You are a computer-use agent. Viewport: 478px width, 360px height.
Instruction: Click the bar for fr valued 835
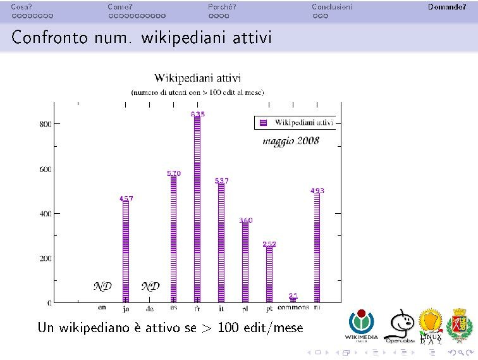coord(197,209)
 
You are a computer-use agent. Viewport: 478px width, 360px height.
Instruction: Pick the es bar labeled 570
coord(174,239)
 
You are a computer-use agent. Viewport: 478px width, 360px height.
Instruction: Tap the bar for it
coord(221,243)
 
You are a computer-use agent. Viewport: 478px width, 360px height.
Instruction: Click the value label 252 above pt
coord(269,244)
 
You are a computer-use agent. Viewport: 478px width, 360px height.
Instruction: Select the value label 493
coord(317,190)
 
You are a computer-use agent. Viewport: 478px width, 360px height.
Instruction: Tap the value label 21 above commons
coord(293,295)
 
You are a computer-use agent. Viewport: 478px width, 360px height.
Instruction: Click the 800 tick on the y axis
coord(45,125)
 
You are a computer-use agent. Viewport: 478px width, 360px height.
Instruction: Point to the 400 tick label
coord(45,214)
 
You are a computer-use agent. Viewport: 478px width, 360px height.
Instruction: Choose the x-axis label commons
coord(293,307)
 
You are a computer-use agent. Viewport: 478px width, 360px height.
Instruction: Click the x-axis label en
coord(102,308)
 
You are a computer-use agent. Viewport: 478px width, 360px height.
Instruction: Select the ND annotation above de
coord(150,286)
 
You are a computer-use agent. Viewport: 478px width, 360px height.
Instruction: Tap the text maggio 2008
coord(291,140)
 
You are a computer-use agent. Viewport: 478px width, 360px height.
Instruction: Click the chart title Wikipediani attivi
coord(197,78)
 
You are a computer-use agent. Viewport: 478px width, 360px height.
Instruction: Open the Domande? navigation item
coord(446,8)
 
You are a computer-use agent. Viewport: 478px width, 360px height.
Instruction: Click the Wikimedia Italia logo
coord(361,326)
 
